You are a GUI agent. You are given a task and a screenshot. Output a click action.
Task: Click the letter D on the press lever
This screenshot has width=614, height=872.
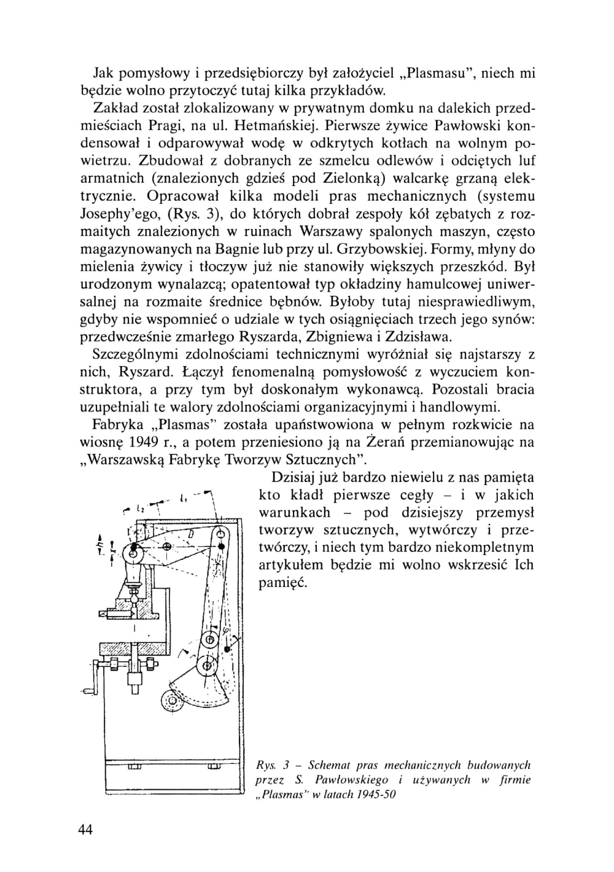click(x=191, y=534)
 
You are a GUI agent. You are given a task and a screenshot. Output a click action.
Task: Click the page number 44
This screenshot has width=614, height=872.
click(x=85, y=830)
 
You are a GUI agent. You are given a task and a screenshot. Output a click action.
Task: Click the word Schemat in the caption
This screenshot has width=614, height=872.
click(x=341, y=765)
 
